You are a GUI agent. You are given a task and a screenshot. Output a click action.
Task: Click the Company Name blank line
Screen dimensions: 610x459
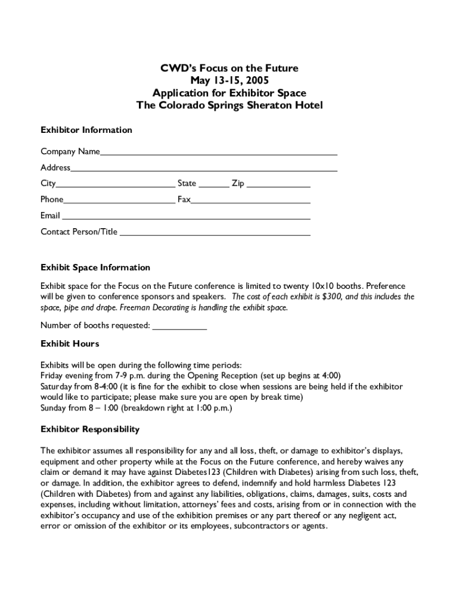[x=218, y=152]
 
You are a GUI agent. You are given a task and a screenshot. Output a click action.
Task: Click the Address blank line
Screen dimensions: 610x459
[x=204, y=169]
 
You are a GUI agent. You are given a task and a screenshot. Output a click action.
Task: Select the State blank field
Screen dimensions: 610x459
[x=213, y=185]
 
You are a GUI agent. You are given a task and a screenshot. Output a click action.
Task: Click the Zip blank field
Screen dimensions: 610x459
[x=278, y=185]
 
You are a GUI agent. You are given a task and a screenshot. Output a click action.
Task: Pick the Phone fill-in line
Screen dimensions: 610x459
[x=119, y=201]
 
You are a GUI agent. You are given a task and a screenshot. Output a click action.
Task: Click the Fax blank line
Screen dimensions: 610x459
[x=250, y=201]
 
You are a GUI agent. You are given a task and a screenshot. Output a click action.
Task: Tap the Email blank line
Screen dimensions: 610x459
[x=186, y=217]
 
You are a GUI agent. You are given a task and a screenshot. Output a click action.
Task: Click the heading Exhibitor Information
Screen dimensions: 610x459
[x=86, y=130]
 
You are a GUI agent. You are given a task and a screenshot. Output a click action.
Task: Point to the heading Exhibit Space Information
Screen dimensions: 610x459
[x=95, y=267]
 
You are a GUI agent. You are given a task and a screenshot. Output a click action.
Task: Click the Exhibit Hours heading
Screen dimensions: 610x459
[x=69, y=344]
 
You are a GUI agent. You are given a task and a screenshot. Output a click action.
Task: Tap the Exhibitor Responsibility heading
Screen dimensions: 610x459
[x=89, y=429]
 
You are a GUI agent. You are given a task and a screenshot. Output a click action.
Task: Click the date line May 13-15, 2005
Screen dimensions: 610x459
[x=229, y=80]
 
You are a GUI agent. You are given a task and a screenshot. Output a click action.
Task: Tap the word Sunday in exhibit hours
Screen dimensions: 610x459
[x=54, y=408]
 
